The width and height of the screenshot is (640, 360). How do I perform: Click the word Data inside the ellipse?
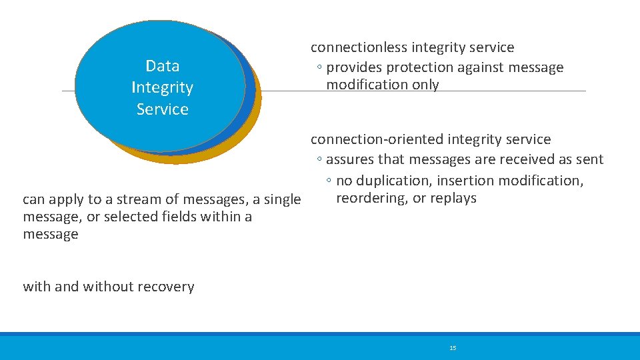tap(163, 66)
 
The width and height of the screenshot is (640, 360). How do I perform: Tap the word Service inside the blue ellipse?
tap(163, 109)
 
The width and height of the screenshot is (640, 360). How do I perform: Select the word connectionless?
tap(359, 47)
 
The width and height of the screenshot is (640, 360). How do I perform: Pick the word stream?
tap(109, 199)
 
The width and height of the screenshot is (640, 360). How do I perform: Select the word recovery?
tap(167, 287)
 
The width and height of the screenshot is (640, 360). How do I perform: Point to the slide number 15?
tap(453, 348)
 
